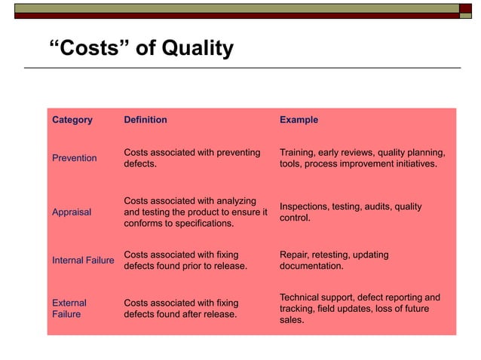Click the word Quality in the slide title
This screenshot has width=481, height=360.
(x=194, y=49)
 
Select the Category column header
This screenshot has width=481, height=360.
(x=72, y=120)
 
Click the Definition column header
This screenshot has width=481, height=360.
(x=146, y=120)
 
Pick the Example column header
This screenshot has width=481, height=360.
(x=299, y=120)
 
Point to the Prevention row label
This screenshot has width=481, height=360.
(x=75, y=158)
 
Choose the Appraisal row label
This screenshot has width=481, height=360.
(x=72, y=212)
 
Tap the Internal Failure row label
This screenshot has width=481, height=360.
(x=83, y=261)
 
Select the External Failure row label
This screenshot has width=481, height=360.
(x=69, y=309)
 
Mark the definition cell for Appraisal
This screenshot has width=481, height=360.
(x=195, y=212)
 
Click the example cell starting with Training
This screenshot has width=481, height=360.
(x=362, y=158)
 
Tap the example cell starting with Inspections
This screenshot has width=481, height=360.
(x=351, y=212)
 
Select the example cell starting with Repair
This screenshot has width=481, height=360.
(x=334, y=261)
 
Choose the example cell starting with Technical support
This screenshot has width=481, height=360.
(x=360, y=309)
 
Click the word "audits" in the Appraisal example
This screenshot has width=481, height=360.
(x=383, y=206)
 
